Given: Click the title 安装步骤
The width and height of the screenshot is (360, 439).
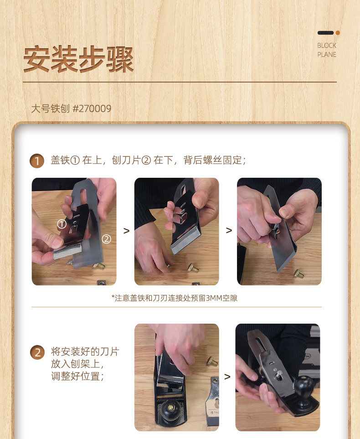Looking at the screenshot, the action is pos(78,59).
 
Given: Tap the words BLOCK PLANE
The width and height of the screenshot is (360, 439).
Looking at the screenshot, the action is pos(327,50).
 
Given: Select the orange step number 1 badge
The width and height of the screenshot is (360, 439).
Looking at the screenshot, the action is pos(37,161).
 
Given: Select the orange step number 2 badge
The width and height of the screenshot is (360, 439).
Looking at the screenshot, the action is pos(37,352).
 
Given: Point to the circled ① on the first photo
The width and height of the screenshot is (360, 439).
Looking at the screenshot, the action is pos(62,224).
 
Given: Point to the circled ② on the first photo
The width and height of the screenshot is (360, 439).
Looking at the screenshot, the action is pos(106,239).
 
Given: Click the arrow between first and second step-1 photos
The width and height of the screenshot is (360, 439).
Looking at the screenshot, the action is pos(126,231).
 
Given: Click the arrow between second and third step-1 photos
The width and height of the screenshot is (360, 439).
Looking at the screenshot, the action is pos(229,230).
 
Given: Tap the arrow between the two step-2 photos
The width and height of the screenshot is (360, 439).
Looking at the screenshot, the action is pos(227,377).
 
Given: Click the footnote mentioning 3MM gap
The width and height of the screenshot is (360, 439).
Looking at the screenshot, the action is pos(174,298).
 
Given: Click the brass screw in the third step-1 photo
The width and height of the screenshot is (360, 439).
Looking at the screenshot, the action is pos(298,273).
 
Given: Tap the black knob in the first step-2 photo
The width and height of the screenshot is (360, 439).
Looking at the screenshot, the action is pos(170,408).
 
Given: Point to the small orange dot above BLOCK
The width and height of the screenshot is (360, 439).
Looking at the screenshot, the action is pos(338,33).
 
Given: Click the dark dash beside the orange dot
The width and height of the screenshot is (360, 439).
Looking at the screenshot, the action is pos(325,33).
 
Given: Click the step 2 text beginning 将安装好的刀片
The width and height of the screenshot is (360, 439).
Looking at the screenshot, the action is pos(85,364).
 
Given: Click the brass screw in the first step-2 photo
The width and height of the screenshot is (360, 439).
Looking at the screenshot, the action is pos(212,361).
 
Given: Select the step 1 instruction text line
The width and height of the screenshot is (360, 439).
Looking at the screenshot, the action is pos(148,160).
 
